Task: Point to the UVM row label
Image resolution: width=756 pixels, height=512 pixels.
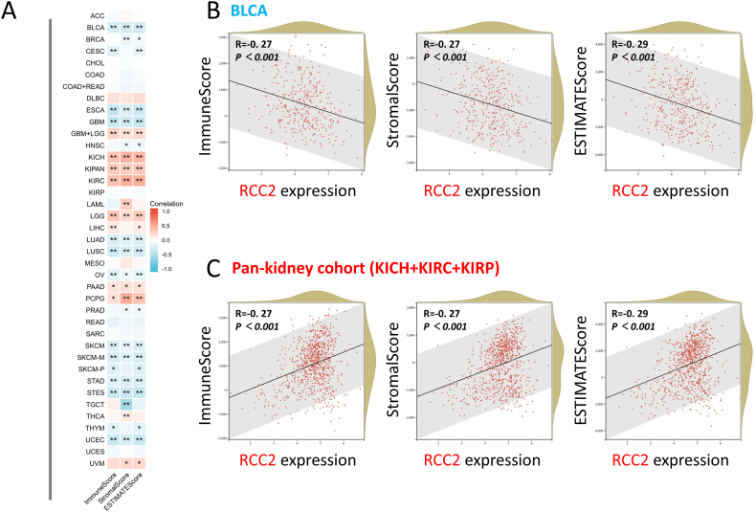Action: tap(96, 463)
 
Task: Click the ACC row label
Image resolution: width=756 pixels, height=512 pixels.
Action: tap(97, 16)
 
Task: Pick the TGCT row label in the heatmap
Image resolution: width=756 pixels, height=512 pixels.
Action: tap(95, 405)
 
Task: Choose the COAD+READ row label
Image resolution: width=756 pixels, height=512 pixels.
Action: tap(84, 85)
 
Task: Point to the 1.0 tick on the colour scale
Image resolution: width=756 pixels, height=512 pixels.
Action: tap(166, 211)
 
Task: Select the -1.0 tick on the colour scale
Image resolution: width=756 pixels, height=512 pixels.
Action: tap(165, 270)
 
